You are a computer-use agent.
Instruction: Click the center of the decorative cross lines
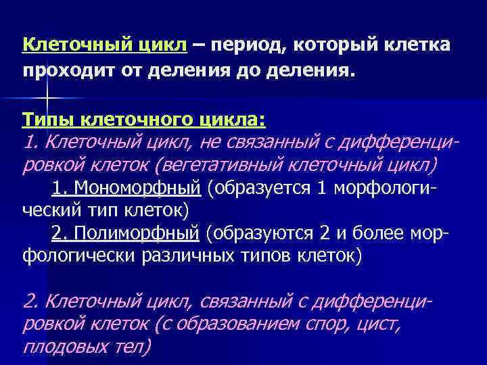[47, 100]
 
